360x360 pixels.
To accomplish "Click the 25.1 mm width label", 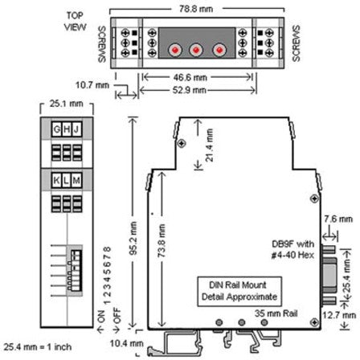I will point(59,104).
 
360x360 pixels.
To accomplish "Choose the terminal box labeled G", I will point(55,129).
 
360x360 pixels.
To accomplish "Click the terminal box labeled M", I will point(76,182).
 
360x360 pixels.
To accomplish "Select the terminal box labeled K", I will point(55,182).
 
